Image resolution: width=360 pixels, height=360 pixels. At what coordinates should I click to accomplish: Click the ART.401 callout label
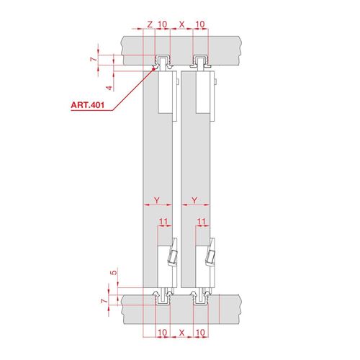pyautogui.click(x=88, y=105)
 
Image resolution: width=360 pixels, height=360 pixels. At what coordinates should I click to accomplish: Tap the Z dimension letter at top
pyautogui.click(x=150, y=24)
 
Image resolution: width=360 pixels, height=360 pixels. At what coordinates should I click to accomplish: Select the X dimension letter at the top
pyautogui.click(x=182, y=24)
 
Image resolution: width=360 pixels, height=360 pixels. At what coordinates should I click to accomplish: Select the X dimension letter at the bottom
pyautogui.click(x=181, y=333)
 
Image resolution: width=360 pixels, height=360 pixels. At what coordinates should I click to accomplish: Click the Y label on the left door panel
pyautogui.click(x=157, y=200)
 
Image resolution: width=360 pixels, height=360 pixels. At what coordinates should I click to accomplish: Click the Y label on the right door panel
pyautogui.click(x=194, y=200)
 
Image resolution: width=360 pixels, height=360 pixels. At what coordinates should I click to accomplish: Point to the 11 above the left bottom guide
pyautogui.click(x=163, y=221)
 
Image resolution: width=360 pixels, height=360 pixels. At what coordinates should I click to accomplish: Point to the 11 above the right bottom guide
pyautogui.click(x=201, y=221)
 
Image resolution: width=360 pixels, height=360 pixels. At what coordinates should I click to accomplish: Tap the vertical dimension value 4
pyautogui.click(x=109, y=88)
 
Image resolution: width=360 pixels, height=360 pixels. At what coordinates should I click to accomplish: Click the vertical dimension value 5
pyautogui.click(x=114, y=273)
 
